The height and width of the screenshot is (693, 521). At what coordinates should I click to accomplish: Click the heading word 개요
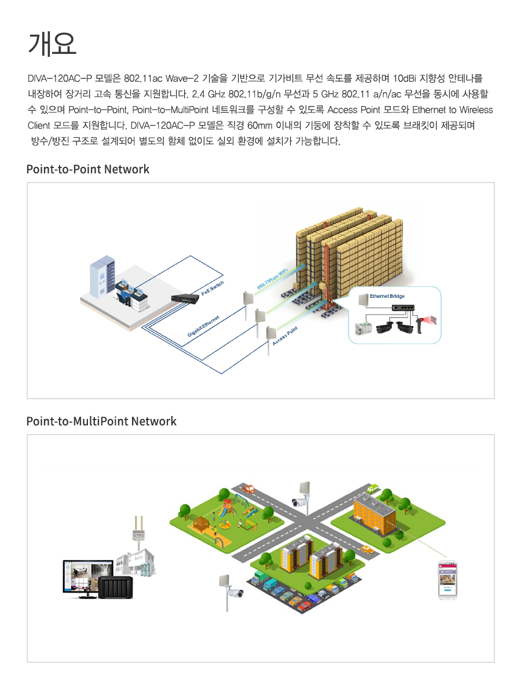(x=52, y=43)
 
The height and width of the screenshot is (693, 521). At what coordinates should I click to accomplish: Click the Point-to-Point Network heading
(x=87, y=169)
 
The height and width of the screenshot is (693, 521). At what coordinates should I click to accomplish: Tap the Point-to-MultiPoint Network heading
(x=101, y=421)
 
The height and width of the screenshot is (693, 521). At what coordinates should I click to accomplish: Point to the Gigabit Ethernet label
(x=203, y=328)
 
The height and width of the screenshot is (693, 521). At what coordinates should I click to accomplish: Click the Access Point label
(x=285, y=336)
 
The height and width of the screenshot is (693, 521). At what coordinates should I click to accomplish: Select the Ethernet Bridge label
(x=387, y=296)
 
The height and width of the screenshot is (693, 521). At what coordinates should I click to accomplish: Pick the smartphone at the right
(x=447, y=579)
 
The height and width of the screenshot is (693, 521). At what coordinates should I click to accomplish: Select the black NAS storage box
(x=116, y=588)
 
